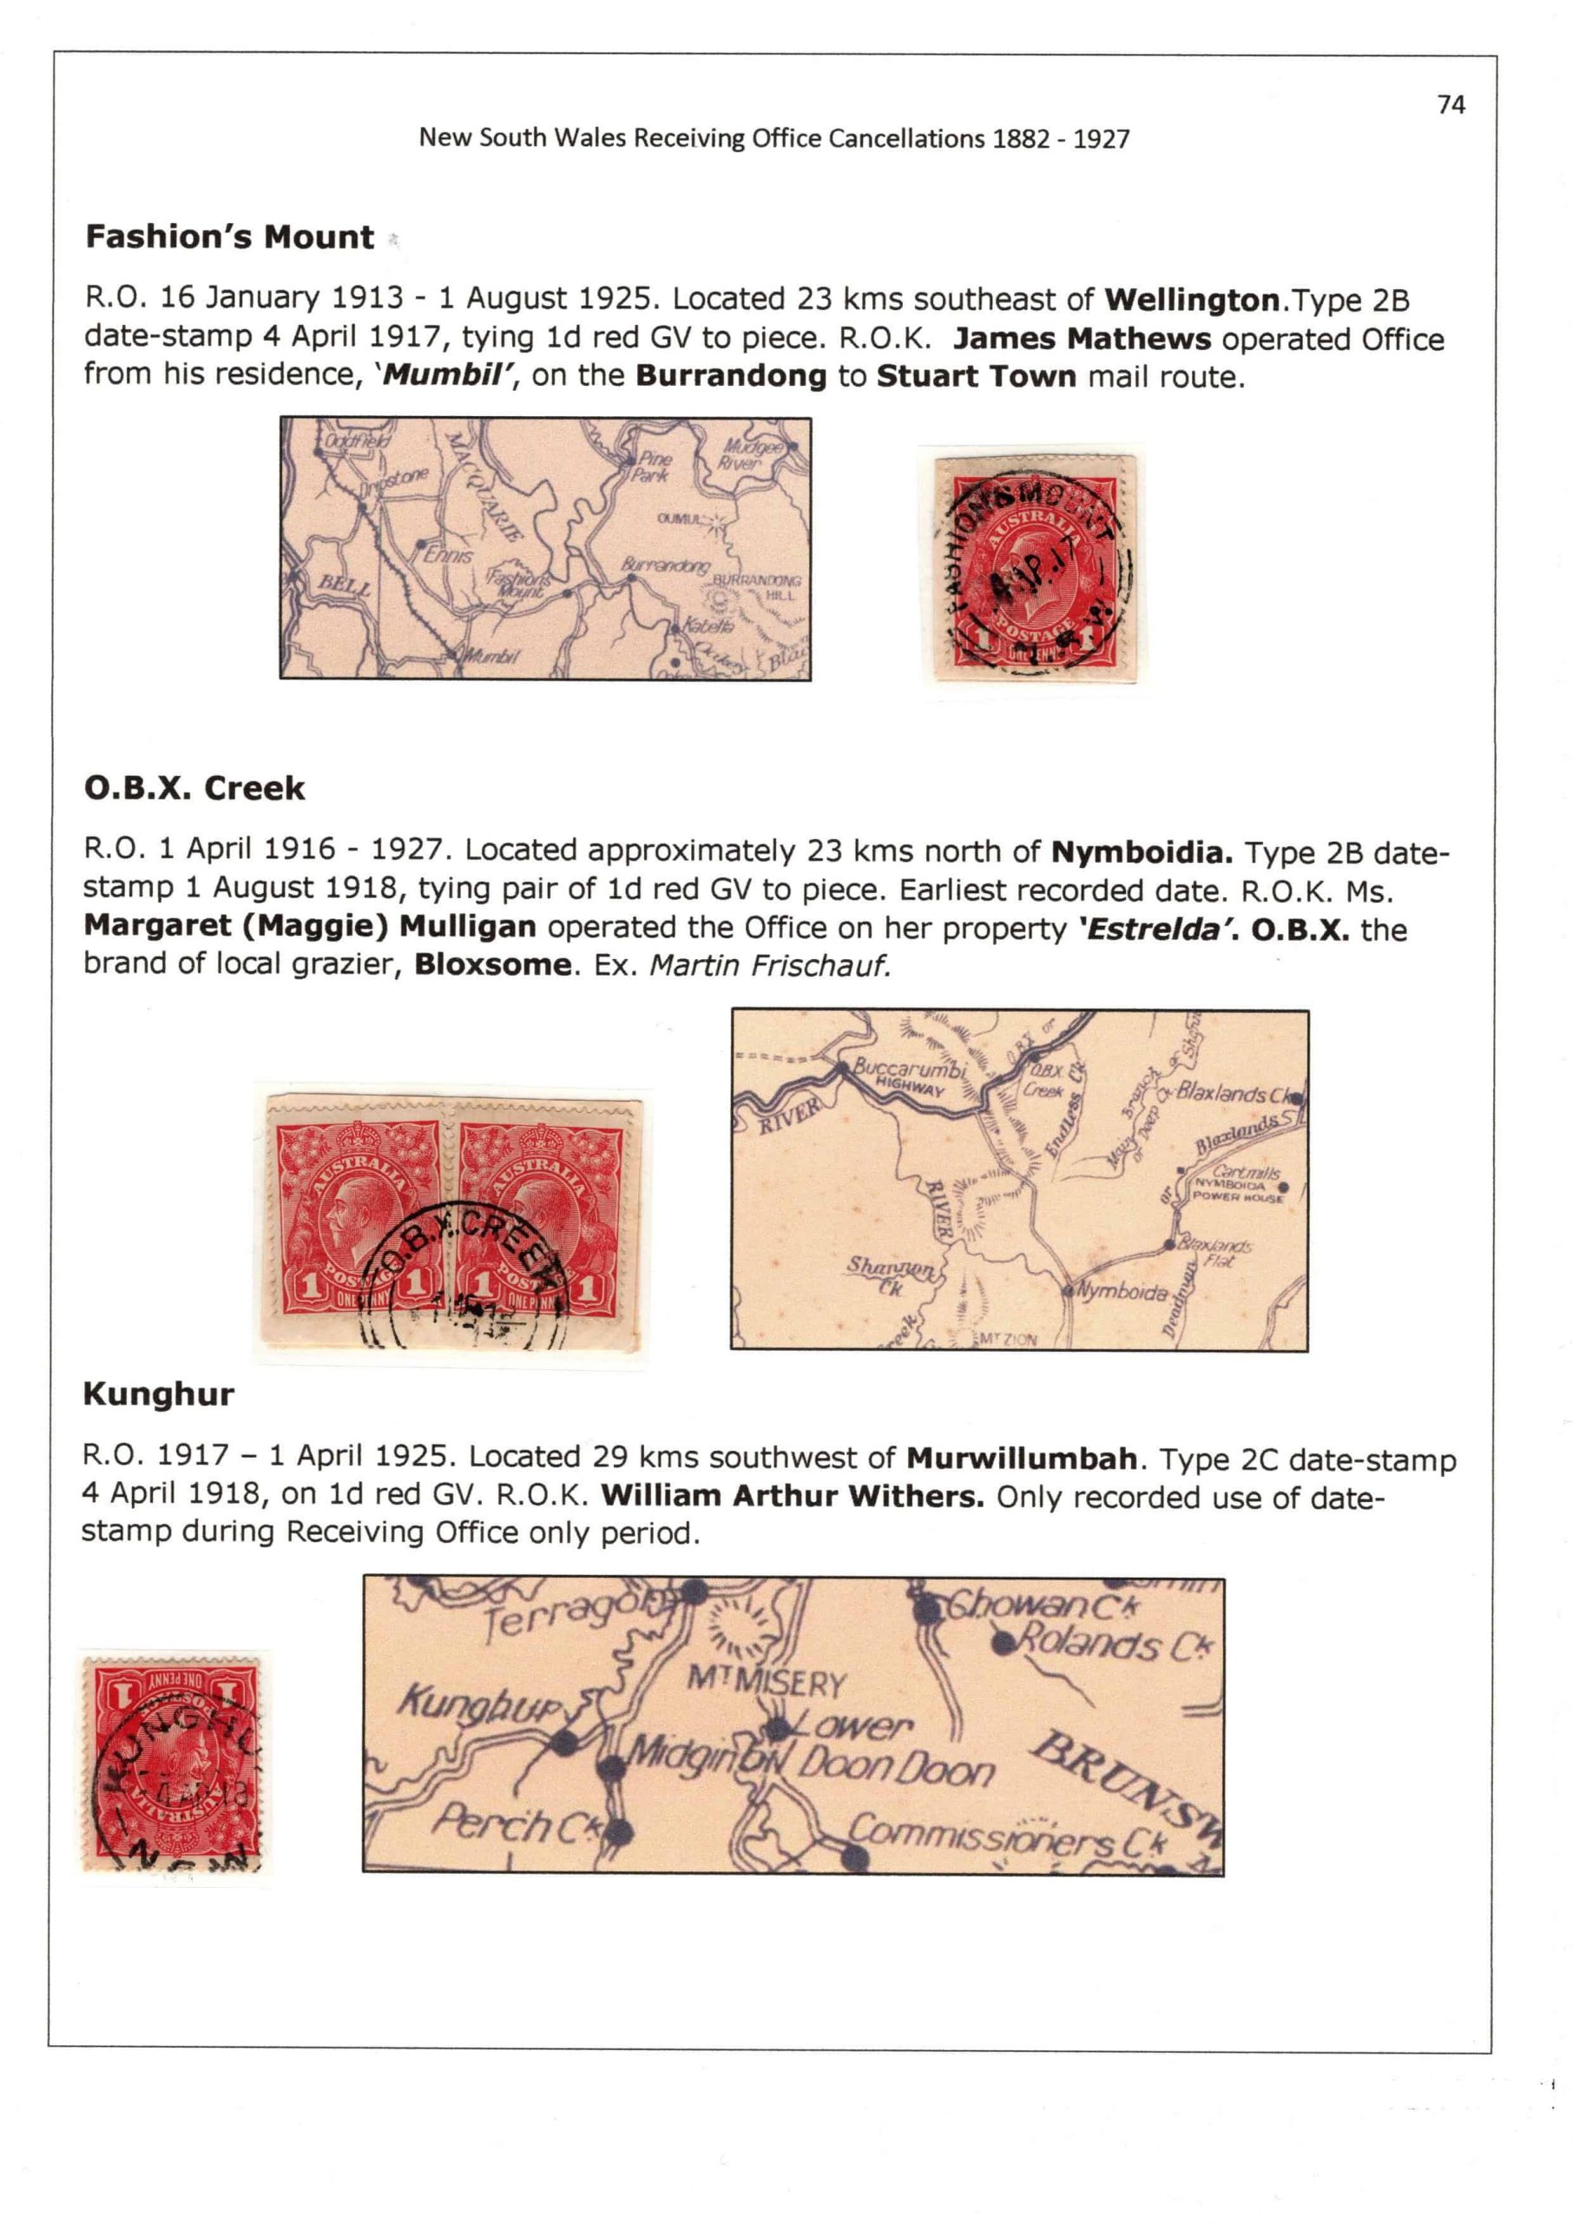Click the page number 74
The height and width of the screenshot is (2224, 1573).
[1451, 104]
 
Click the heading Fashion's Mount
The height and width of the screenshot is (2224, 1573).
[229, 237]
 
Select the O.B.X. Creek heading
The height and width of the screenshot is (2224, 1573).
[194, 789]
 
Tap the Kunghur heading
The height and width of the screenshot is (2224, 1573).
[159, 1394]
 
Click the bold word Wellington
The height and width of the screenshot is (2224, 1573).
[1191, 301]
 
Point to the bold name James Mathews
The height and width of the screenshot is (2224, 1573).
[1081, 339]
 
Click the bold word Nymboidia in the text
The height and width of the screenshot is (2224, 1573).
[1142, 853]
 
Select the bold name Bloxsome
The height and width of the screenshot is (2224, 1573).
[493, 965]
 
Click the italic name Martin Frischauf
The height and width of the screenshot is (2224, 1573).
[769, 965]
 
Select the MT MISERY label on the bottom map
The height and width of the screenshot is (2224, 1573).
[767, 1681]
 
